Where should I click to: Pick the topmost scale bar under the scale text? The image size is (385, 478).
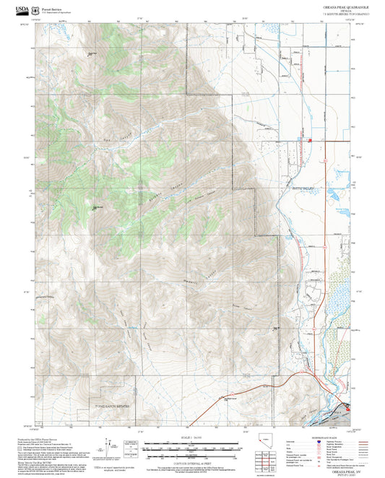coord(191,445)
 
